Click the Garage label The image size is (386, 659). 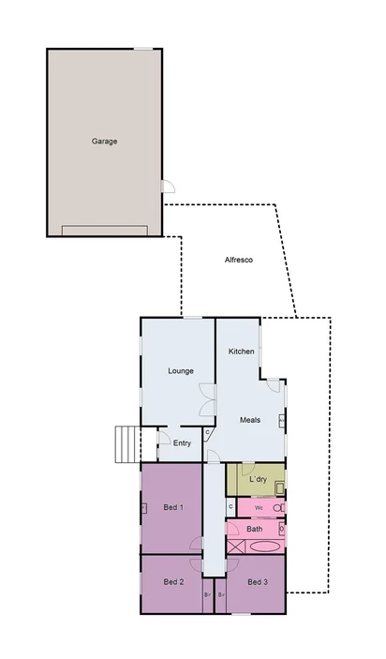[104, 142]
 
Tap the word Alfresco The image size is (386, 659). [239, 260]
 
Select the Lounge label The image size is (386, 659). [181, 370]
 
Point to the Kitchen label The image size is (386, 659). [242, 352]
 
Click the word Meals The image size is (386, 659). [249, 420]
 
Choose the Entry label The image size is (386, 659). [181, 443]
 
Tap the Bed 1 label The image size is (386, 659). [173, 507]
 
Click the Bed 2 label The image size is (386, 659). [173, 582]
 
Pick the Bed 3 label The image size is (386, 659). [258, 582]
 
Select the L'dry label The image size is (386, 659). [258, 480]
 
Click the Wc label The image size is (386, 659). [259, 507]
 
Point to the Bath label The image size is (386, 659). [255, 529]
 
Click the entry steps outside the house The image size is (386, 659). [126, 443]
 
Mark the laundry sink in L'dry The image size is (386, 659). [278, 487]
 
